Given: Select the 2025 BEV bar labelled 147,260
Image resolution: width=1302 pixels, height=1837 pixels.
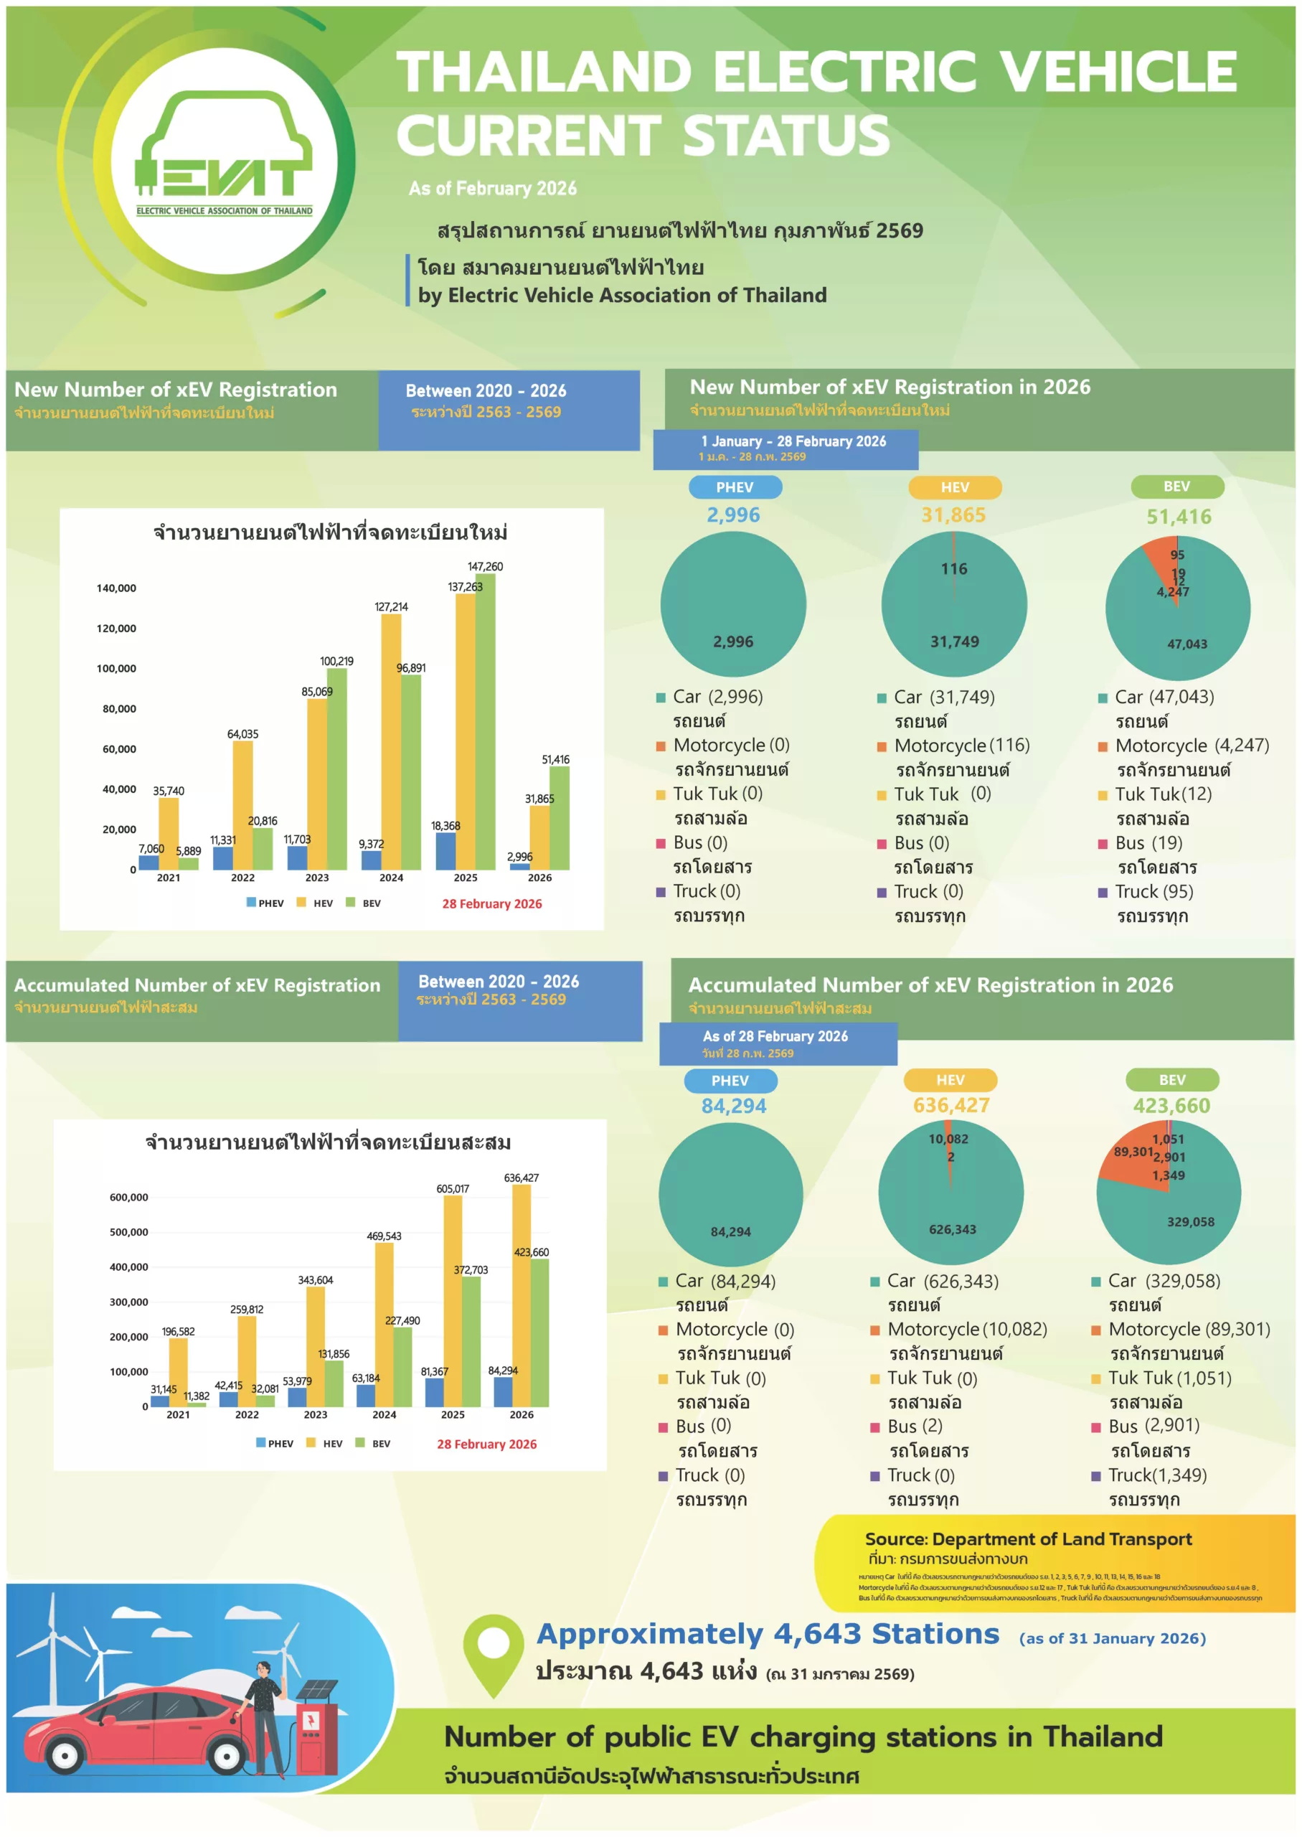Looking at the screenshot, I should (x=485, y=722).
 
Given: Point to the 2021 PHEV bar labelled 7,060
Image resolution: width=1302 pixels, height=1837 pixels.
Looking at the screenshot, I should (x=148, y=862).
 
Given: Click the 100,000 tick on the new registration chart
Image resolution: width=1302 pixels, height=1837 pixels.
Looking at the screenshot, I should (x=116, y=669).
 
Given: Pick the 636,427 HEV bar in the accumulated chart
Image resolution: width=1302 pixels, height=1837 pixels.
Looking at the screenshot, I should (x=521, y=1296).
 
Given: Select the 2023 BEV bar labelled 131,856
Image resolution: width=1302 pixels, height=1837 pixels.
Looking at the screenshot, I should (x=334, y=1383).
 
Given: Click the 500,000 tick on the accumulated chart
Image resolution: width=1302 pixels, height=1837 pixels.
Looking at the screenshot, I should (x=128, y=1232).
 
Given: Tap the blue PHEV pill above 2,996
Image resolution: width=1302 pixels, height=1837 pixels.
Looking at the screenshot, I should (x=735, y=487).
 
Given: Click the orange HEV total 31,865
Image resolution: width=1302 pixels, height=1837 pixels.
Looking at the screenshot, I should (x=953, y=515).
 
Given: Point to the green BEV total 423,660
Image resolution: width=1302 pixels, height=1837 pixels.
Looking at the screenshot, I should (x=1171, y=1106).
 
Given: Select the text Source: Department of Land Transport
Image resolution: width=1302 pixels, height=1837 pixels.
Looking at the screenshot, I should (x=1028, y=1539).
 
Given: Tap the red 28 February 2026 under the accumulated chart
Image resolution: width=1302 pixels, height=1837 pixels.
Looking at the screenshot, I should (x=486, y=1444).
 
